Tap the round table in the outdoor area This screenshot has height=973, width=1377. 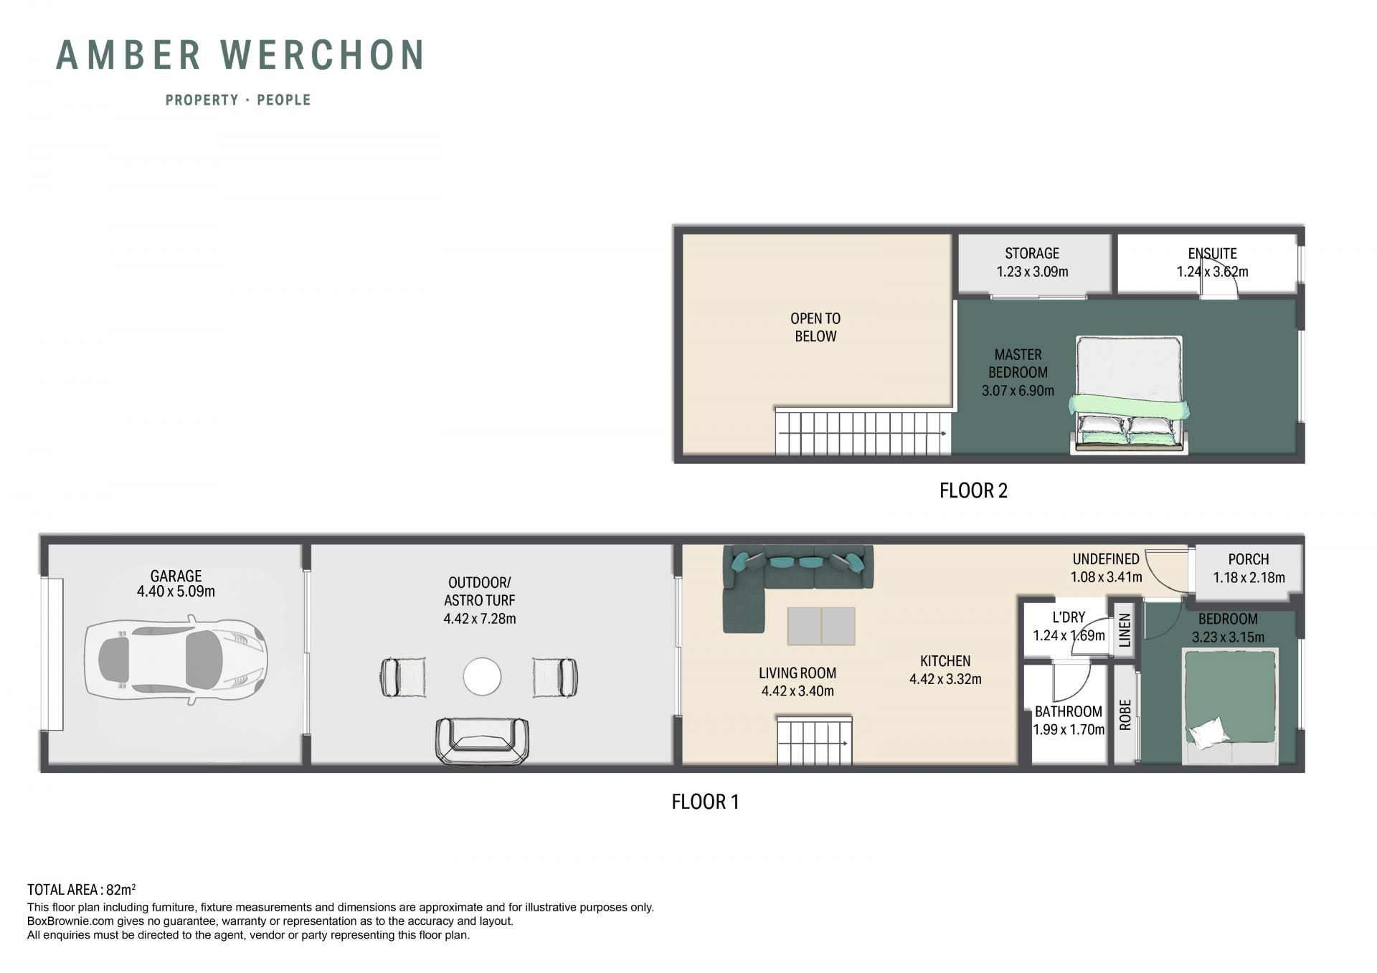coord(482,676)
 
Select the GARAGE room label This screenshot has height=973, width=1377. coord(176,576)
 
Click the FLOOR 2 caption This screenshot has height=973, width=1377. coord(973,490)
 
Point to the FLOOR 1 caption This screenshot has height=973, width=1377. coord(705,802)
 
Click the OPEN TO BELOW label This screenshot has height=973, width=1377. coord(815,327)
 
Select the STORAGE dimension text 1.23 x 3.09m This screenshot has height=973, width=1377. coord(1032,272)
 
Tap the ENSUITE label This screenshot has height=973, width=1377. coord(1212,253)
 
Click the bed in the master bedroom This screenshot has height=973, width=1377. coord(1129,395)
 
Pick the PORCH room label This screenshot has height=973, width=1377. coord(1249,559)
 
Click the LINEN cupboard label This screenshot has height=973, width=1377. coord(1125,630)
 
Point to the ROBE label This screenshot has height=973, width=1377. coord(1125,715)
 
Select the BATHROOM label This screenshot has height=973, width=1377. coord(1068,711)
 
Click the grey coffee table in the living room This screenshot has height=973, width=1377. coord(821,626)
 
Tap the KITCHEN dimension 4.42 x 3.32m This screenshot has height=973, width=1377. coord(945,679)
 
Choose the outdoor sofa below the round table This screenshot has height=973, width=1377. coord(482,740)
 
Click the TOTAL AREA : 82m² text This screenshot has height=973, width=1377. coord(81,890)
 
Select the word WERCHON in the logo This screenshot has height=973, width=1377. coord(323,55)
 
